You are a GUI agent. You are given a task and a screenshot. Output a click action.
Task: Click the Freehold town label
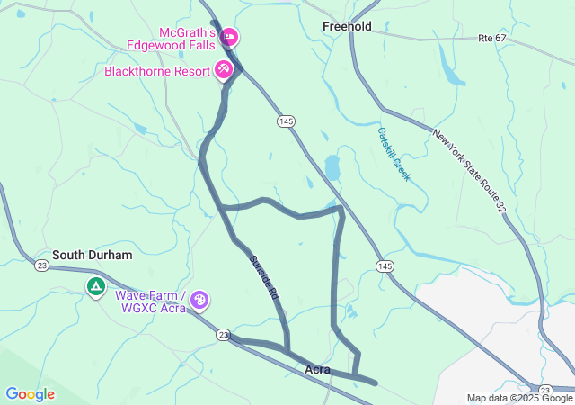click(x=347, y=27)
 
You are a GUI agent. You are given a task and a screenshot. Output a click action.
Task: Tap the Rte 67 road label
click(x=493, y=38)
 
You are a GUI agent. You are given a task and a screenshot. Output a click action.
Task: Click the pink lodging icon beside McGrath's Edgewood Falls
click(x=229, y=37)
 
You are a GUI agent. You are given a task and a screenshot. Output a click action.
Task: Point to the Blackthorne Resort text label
click(x=157, y=70)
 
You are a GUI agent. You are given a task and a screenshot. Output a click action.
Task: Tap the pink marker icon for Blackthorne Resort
click(x=224, y=69)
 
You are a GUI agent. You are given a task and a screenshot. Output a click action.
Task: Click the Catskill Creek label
click(x=394, y=154)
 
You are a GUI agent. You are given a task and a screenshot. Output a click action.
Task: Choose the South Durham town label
click(x=92, y=255)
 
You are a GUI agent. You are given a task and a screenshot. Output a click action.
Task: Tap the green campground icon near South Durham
click(x=95, y=287)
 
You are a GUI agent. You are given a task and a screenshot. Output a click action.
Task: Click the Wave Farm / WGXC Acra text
click(x=150, y=301)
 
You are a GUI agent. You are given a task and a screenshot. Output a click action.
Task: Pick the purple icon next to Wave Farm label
click(x=199, y=300)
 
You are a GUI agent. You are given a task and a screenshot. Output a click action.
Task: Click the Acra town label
click(x=317, y=369)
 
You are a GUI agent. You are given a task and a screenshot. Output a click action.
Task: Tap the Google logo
click(x=30, y=394)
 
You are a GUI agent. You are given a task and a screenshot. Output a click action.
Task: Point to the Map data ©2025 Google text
click(x=519, y=398)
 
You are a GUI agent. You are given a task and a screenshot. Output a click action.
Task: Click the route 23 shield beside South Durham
click(x=41, y=265)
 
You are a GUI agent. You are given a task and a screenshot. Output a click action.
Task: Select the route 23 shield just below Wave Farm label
click(x=222, y=334)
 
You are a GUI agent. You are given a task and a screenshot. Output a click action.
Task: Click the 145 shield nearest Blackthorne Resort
click(x=286, y=121)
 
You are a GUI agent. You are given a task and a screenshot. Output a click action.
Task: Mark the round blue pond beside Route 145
click(x=332, y=167)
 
